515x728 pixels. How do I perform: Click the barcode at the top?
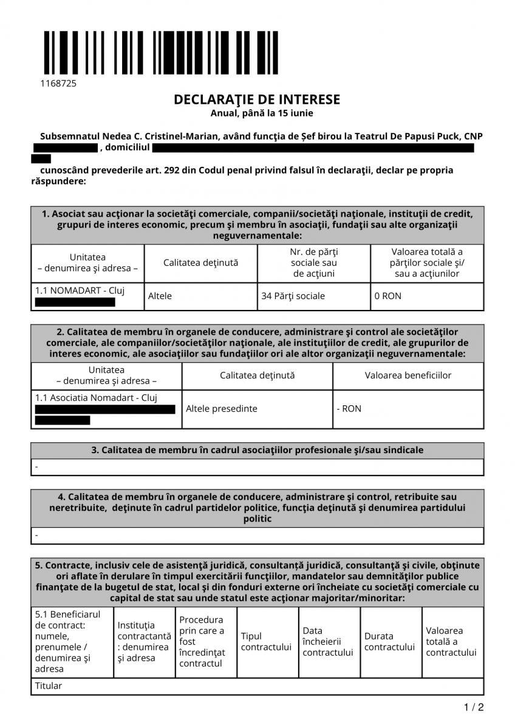pyautogui.click(x=160, y=53)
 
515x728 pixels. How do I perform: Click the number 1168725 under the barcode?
pyautogui.click(x=58, y=84)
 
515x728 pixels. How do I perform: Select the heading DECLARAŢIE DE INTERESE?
pyautogui.click(x=257, y=99)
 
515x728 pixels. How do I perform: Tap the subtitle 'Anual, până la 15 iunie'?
pyautogui.click(x=262, y=113)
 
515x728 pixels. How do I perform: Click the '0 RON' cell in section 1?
pyautogui.click(x=388, y=296)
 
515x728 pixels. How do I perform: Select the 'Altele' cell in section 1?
pyautogui.click(x=160, y=296)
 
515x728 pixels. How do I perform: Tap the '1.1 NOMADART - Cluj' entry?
pyautogui.click(x=80, y=290)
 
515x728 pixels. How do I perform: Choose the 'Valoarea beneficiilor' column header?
pyautogui.click(x=408, y=375)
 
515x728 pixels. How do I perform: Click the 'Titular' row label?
pyautogui.click(x=49, y=686)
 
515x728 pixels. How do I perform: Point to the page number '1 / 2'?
pyautogui.click(x=474, y=707)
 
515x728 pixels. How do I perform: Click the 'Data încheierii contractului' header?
pyautogui.click(x=328, y=641)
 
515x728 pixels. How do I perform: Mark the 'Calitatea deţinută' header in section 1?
pyautogui.click(x=200, y=263)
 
